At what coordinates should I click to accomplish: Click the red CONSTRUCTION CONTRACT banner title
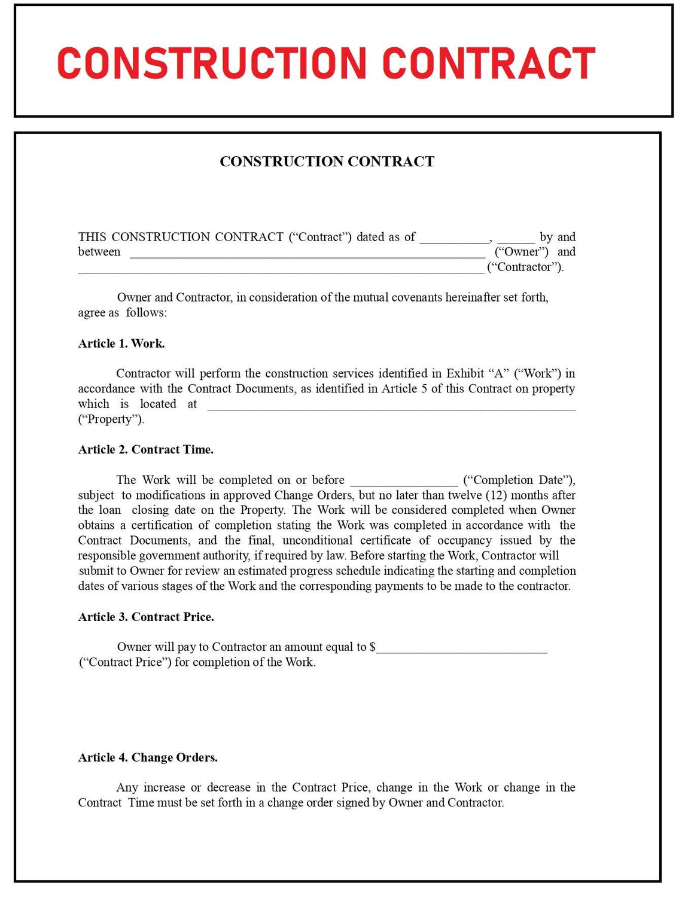(x=326, y=63)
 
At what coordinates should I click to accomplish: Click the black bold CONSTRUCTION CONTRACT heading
(x=327, y=162)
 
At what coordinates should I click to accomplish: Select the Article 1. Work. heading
(x=121, y=343)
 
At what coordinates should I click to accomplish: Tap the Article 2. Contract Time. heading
(x=145, y=450)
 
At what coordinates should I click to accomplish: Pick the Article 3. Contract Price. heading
(x=146, y=617)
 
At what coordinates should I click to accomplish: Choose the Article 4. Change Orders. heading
(x=148, y=757)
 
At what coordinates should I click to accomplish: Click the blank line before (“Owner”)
(x=307, y=255)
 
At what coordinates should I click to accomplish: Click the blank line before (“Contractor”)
(x=281, y=270)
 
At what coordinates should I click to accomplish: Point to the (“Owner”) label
(x=521, y=252)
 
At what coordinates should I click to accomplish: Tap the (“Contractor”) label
(x=525, y=267)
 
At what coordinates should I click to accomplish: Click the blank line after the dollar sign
(x=461, y=650)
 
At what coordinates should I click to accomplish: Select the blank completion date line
(x=404, y=483)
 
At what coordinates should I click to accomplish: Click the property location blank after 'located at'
(x=391, y=407)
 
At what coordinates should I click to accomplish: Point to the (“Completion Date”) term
(x=519, y=480)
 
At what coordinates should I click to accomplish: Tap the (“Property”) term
(x=111, y=419)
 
